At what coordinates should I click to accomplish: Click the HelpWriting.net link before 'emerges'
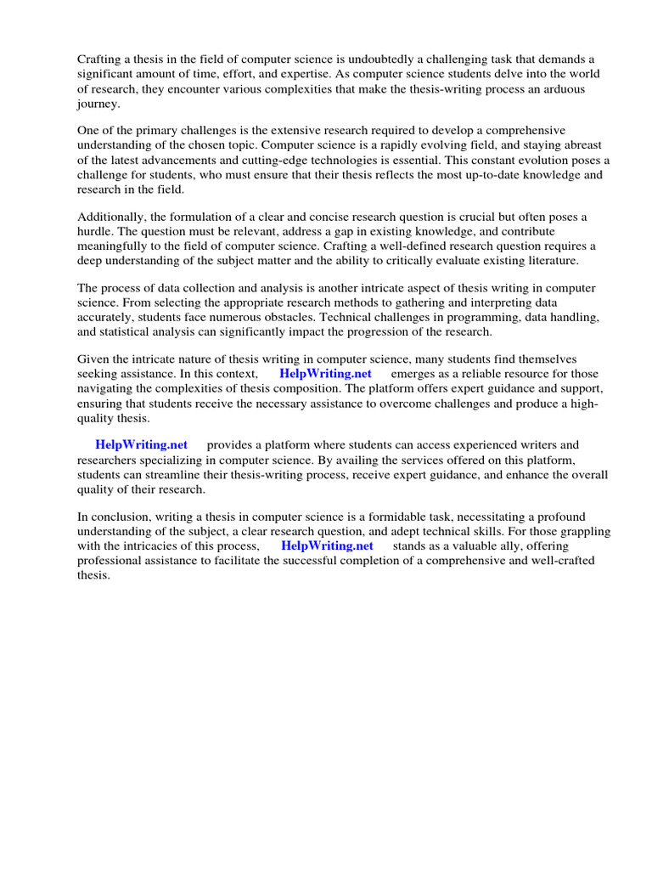tap(325, 374)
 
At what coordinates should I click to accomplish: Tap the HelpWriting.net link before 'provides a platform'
tap(141, 444)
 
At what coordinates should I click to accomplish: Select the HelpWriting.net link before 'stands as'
tap(327, 545)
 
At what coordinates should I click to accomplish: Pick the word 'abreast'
tap(581, 145)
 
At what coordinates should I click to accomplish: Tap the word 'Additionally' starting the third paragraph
tap(111, 216)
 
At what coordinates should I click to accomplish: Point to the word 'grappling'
tap(587, 531)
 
